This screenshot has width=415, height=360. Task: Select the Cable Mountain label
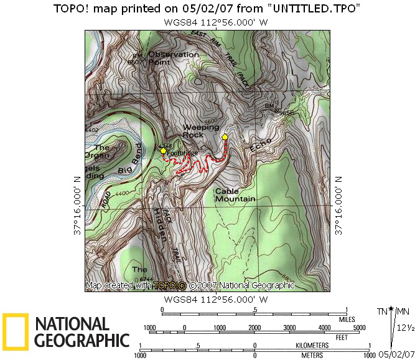235,195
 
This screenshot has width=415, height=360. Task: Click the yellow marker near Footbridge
163,151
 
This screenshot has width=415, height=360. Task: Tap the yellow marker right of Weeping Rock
225,137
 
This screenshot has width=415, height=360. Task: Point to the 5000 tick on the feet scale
360,328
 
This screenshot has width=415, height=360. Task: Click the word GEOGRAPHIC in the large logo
82,340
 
